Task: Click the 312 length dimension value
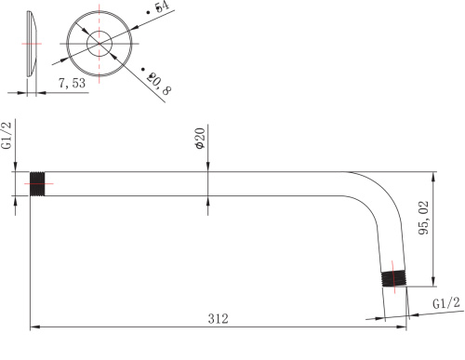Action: (218, 318)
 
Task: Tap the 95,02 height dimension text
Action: (423, 218)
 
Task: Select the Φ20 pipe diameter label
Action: (200, 139)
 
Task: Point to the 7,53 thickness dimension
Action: (72, 83)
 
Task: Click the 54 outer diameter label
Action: (159, 7)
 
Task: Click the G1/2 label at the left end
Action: (7, 135)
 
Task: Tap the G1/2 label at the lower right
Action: (446, 303)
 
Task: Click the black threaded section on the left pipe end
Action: (37, 184)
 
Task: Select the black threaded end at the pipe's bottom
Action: (393, 278)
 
